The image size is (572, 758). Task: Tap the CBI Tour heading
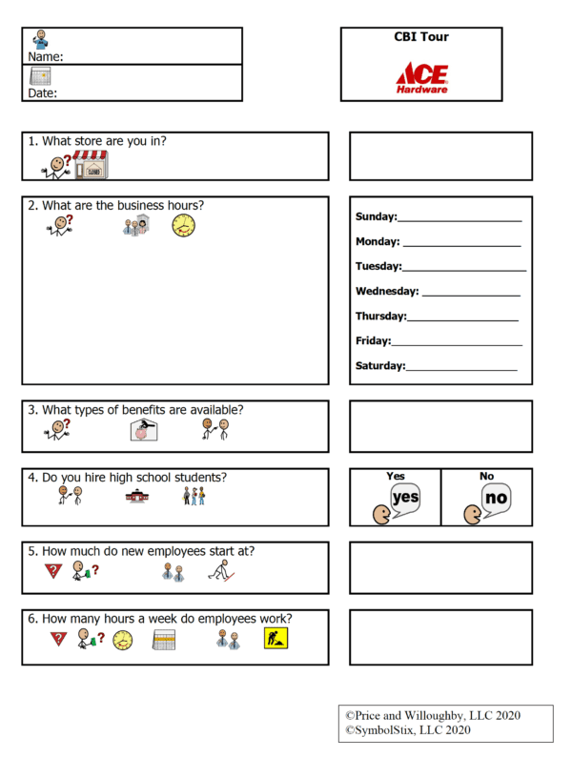[421, 37]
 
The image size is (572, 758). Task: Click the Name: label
[46, 56]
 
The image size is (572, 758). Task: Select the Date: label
[43, 93]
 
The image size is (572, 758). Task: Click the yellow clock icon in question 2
[183, 226]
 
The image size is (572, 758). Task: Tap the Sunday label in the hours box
[376, 216]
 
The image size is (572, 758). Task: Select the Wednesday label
[386, 291]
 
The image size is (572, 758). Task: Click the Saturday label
[379, 365]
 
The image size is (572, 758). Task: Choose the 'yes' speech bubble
[404, 497]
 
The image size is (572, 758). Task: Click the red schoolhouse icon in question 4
[137, 496]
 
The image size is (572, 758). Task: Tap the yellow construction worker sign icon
[276, 640]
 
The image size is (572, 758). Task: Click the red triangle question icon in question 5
[51, 571]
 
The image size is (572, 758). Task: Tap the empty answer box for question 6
[440, 637]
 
